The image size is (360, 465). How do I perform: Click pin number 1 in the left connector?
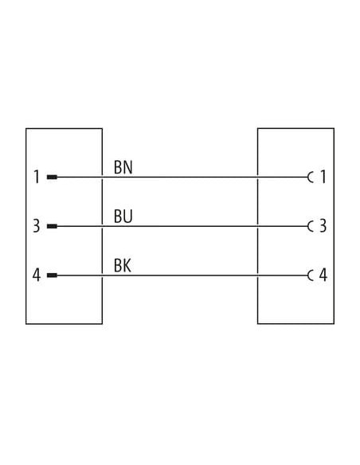(x=37, y=177)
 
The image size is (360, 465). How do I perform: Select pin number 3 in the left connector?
(x=36, y=226)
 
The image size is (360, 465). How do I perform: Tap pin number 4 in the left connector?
(x=36, y=275)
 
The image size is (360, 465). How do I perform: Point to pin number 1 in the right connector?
(x=323, y=177)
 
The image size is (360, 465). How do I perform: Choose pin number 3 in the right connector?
(x=323, y=226)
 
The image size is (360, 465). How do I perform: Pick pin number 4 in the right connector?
(x=323, y=275)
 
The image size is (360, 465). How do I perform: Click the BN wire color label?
(x=123, y=167)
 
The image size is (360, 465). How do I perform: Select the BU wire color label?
(x=123, y=217)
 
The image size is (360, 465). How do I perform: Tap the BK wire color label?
(x=123, y=266)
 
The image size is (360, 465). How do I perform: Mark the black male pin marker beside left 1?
(x=52, y=178)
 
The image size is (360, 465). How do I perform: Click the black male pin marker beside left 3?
(x=52, y=226)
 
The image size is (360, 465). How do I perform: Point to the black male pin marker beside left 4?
(x=52, y=275)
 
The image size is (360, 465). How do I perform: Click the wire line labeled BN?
(x=182, y=178)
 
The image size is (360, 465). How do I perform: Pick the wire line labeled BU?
(x=182, y=226)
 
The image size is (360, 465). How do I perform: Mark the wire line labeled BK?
(x=182, y=275)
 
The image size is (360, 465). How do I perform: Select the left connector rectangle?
(x=26, y=226)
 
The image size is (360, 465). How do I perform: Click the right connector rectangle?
(x=335, y=226)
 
